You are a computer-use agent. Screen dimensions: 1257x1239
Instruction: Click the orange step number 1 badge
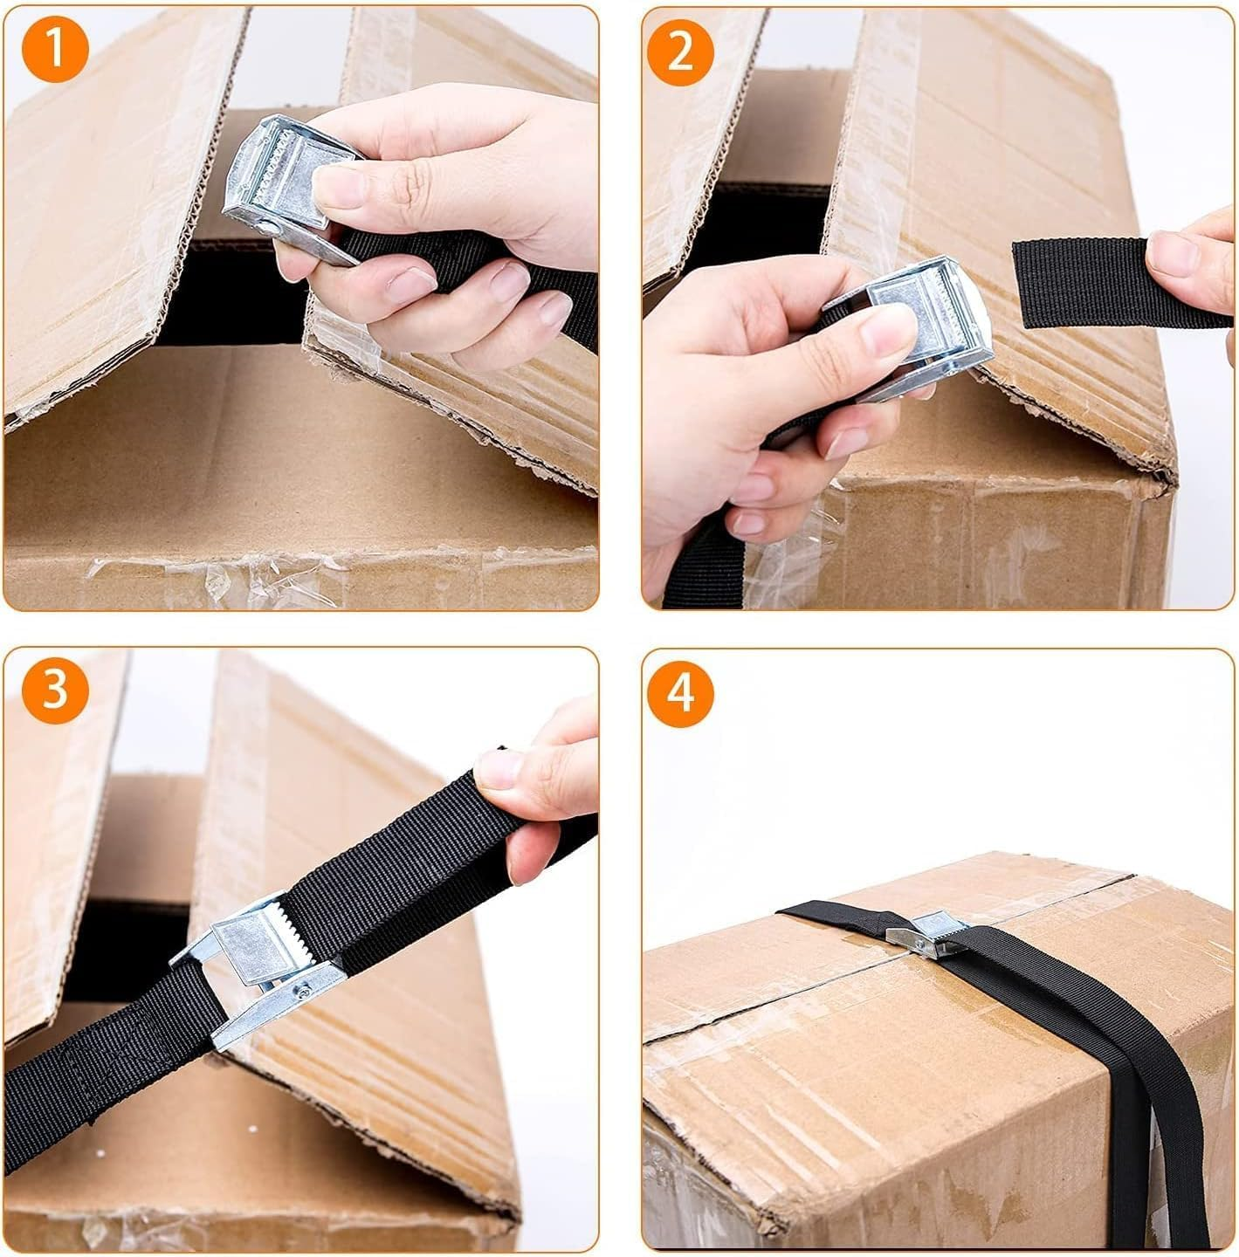pyautogui.click(x=55, y=49)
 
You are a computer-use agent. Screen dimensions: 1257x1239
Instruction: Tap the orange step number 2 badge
pyautogui.click(x=680, y=50)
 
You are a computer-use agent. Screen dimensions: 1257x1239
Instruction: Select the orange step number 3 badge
pyautogui.click(x=55, y=690)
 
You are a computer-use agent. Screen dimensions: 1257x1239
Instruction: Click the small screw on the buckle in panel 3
pyautogui.click(x=302, y=990)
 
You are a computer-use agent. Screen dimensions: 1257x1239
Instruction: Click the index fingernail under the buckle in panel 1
pyautogui.click(x=410, y=285)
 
